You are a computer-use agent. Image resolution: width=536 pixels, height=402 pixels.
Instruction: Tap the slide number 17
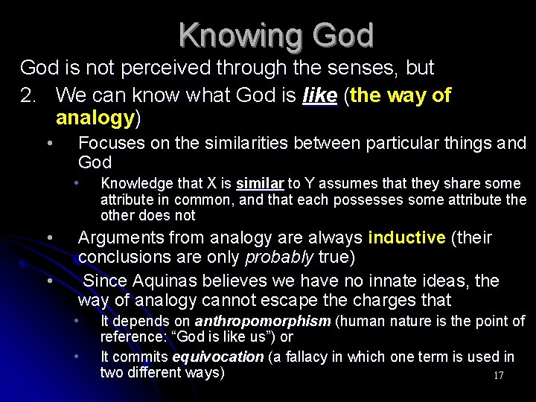[498, 376]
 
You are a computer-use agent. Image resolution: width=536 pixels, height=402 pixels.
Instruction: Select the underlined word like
[320, 95]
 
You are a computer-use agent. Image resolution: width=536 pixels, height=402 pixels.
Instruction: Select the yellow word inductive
[406, 237]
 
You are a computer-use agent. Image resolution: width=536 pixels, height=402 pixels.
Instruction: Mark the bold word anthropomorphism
[263, 321]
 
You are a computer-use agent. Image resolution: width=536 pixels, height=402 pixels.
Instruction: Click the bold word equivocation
[217, 357]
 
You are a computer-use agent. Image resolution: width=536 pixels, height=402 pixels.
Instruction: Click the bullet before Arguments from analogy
[48, 237]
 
